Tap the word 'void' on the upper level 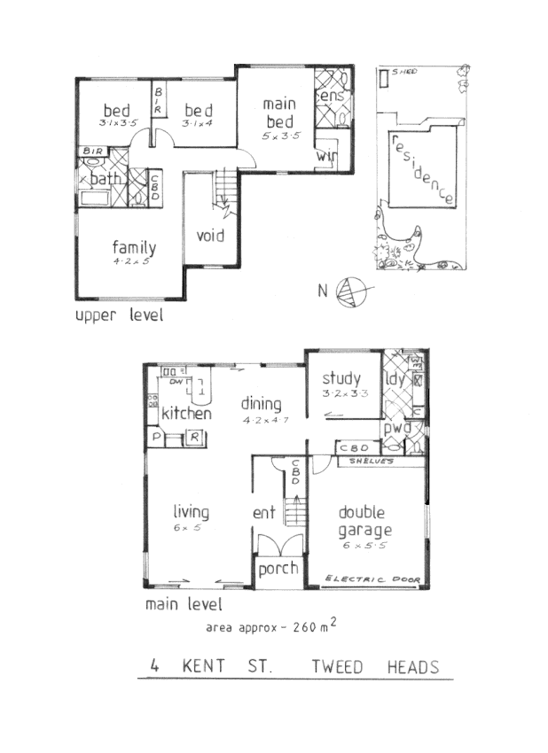(209, 237)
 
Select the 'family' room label (134, 248)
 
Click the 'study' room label (341, 378)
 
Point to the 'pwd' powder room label (396, 426)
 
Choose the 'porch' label (278, 569)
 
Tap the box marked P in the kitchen (157, 437)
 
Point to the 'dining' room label (262, 404)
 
